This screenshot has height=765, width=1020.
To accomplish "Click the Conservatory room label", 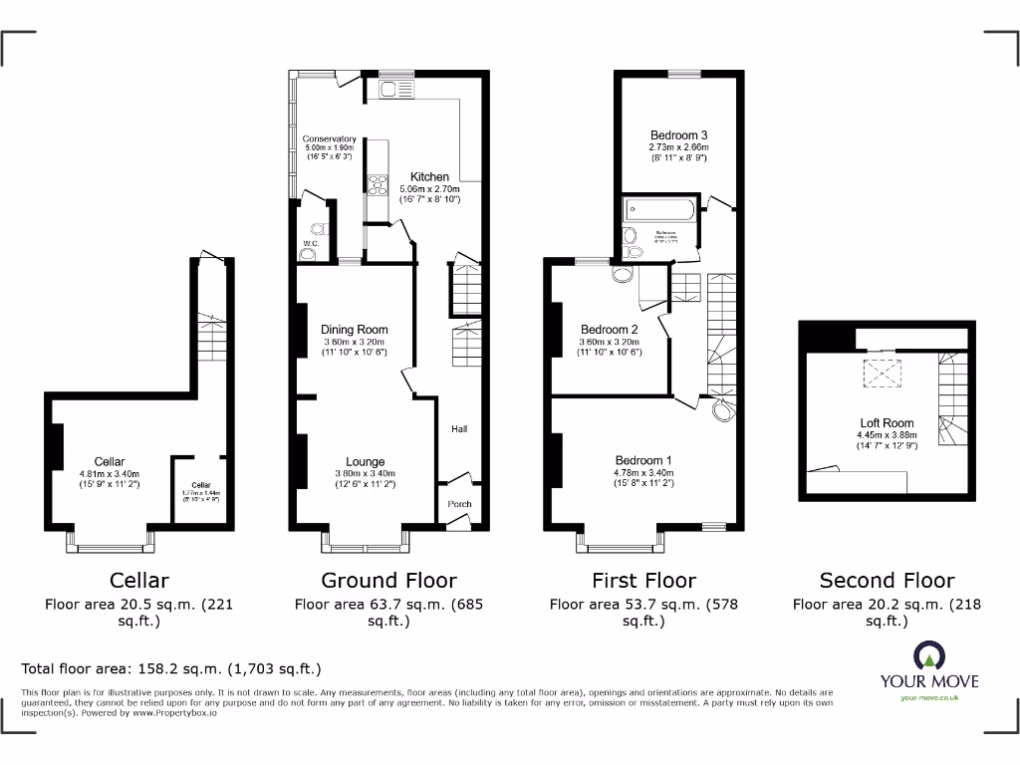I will [x=330, y=139].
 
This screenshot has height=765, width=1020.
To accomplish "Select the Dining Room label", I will [x=354, y=330].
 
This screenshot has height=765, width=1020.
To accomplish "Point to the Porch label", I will [x=459, y=504].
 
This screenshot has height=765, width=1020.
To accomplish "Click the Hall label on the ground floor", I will [x=459, y=429].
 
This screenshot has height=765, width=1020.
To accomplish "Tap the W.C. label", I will [x=309, y=242].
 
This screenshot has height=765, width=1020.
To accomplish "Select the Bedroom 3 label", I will [x=678, y=135].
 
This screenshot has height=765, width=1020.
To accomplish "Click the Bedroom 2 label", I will [x=609, y=330].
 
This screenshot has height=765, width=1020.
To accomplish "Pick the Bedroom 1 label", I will [x=642, y=460].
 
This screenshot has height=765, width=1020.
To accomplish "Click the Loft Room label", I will [x=887, y=423].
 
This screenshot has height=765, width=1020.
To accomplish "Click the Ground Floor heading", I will [x=388, y=580].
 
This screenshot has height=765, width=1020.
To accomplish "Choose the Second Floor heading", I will [x=887, y=580].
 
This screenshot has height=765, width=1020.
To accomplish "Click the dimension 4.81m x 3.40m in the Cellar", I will [x=110, y=474].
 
